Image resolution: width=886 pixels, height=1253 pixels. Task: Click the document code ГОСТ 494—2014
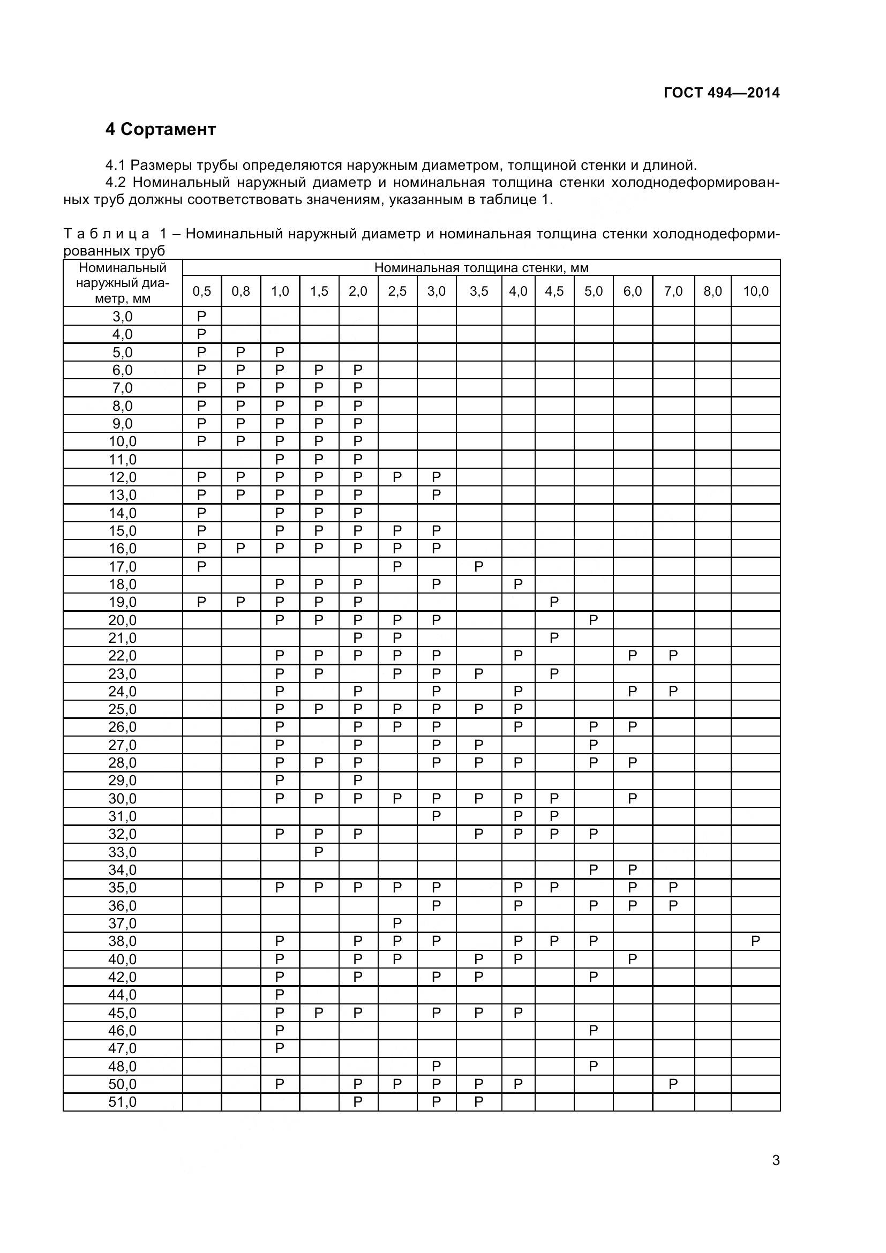(721, 93)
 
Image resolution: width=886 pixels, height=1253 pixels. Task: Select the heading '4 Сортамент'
(160, 129)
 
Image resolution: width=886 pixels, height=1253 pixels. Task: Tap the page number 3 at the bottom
(775, 1175)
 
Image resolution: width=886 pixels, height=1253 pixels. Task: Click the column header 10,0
(755, 291)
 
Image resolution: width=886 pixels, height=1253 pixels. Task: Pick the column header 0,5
(201, 291)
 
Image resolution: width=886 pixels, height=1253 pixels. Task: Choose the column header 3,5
(478, 291)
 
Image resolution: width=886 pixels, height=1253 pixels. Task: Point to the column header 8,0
(712, 291)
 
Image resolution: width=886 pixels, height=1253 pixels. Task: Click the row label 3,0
(122, 317)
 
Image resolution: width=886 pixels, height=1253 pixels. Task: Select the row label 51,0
(122, 1102)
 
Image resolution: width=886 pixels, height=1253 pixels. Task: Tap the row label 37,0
(122, 924)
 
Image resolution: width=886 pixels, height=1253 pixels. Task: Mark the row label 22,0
(122, 655)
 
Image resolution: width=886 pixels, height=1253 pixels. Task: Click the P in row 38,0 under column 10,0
(755, 941)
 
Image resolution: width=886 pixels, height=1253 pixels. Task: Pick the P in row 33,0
(319, 852)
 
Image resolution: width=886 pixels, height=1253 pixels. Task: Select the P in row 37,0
(397, 924)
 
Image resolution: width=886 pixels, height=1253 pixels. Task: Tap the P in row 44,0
(279, 994)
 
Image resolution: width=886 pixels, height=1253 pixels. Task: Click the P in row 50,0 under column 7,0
(673, 1084)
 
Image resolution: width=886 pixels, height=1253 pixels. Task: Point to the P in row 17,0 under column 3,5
(478, 566)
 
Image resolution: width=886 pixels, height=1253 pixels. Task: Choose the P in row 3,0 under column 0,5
(201, 317)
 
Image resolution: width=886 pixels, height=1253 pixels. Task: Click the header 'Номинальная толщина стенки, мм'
(480, 267)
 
